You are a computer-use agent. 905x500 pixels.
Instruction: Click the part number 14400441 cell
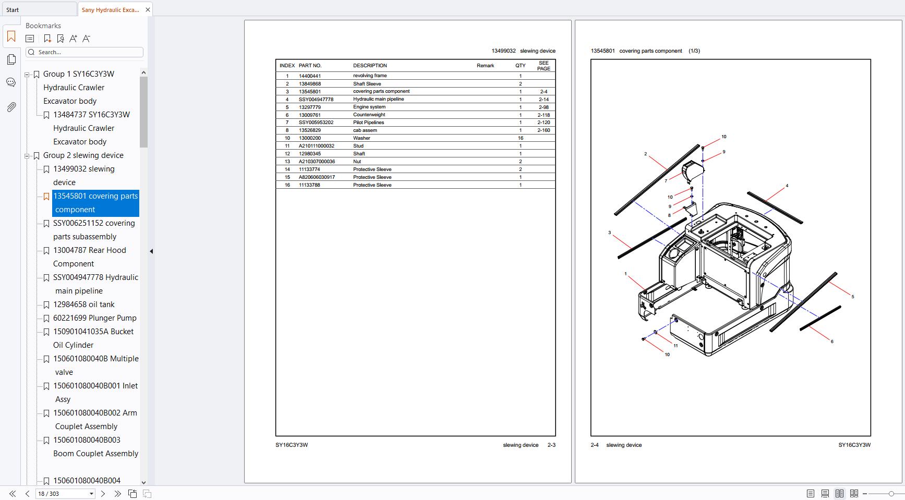pyautogui.click(x=309, y=76)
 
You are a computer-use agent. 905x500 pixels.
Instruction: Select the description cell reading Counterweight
pyautogui.click(x=369, y=115)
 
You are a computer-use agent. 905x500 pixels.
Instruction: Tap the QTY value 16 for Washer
pyautogui.click(x=520, y=138)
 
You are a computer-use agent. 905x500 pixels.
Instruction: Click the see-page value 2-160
pyautogui.click(x=544, y=130)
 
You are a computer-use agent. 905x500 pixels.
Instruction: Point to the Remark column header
pyautogui.click(x=485, y=66)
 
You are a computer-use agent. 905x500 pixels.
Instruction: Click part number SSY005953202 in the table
pyautogui.click(x=316, y=123)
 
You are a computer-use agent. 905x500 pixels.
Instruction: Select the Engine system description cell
pyautogui.click(x=369, y=107)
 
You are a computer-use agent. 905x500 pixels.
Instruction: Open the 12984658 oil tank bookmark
pyautogui.click(x=83, y=304)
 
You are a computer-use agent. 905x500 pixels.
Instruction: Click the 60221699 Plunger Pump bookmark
pyautogui.click(x=94, y=318)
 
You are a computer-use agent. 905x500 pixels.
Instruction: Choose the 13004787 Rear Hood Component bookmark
pyautogui.click(x=89, y=257)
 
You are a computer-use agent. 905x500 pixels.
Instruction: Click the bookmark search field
pyautogui.click(x=85, y=52)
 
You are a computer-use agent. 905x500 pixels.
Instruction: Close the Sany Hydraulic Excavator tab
pyautogui.click(x=148, y=10)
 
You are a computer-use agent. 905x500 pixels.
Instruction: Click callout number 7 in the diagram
pyautogui.click(x=666, y=181)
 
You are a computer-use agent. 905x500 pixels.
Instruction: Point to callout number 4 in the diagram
pyautogui.click(x=787, y=186)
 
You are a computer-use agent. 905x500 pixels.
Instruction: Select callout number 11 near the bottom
pyautogui.click(x=675, y=346)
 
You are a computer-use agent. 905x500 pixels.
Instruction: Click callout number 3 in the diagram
pyautogui.click(x=609, y=233)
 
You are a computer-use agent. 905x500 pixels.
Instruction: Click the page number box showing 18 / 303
pyautogui.click(x=65, y=494)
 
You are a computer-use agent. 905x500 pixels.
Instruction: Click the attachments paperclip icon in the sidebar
pyautogui.click(x=11, y=107)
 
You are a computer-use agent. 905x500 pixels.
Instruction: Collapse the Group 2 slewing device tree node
pyautogui.click(x=27, y=155)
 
